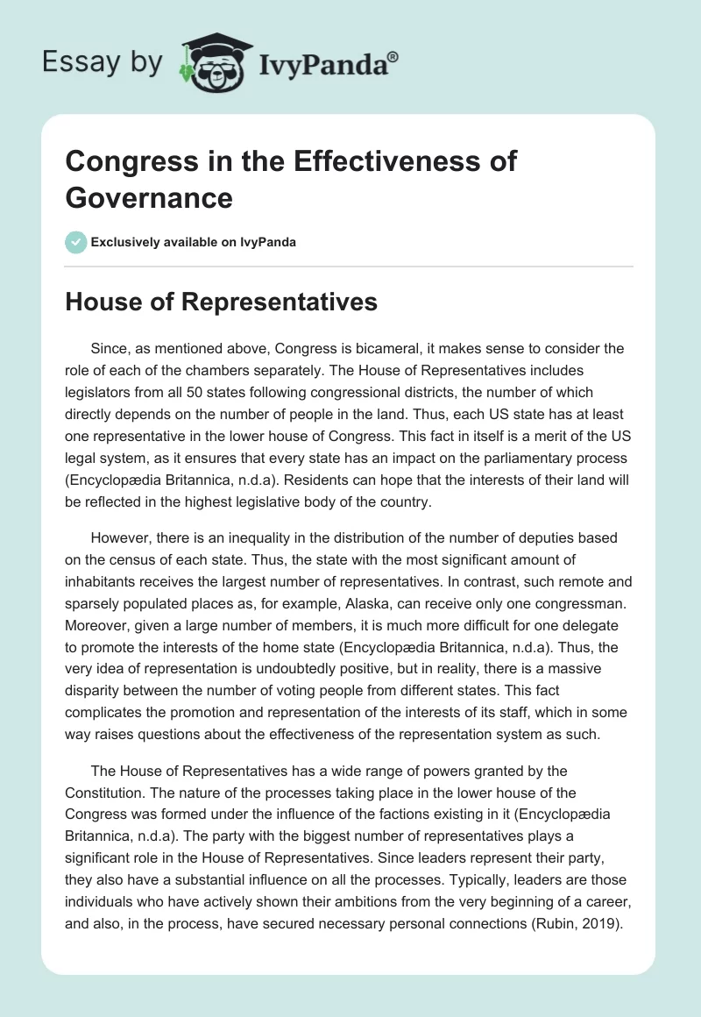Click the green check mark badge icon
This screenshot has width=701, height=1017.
coord(76,242)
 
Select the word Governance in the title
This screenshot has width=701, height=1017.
coord(149,198)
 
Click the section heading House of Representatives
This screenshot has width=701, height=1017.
coord(222,302)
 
